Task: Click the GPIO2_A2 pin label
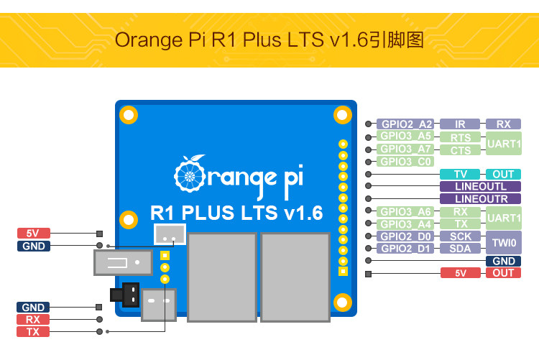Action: pyautogui.click(x=406, y=124)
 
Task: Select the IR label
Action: pyautogui.click(x=460, y=124)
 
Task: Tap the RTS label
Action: pyautogui.click(x=460, y=137)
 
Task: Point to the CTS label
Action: pyautogui.click(x=460, y=150)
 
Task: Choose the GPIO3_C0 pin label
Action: pyautogui.click(x=405, y=162)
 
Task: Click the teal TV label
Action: pyautogui.click(x=460, y=175)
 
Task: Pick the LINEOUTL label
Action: pyautogui.click(x=481, y=187)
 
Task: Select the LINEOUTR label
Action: pyautogui.click(x=481, y=199)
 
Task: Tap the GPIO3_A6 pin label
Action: pyautogui.click(x=405, y=211)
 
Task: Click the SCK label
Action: pyautogui.click(x=460, y=236)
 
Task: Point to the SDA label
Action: pyautogui.click(x=460, y=249)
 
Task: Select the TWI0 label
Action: pyautogui.click(x=504, y=242)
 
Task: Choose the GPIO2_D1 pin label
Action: pyautogui.click(x=405, y=249)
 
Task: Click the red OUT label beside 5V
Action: pyautogui.click(x=503, y=273)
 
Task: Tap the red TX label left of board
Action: pyautogui.click(x=33, y=332)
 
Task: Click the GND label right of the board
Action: pyautogui.click(x=503, y=261)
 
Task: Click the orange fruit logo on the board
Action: pyautogui.click(x=188, y=172)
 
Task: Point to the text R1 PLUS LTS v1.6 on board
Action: pyautogui.click(x=236, y=213)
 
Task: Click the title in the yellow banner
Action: pyautogui.click(x=269, y=40)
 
